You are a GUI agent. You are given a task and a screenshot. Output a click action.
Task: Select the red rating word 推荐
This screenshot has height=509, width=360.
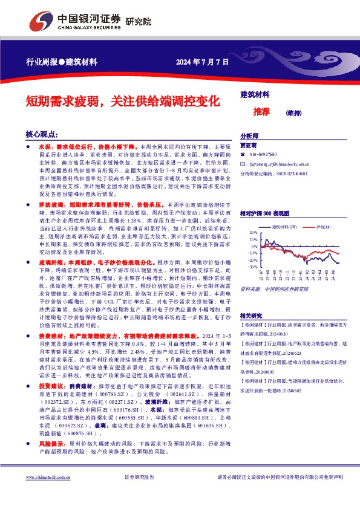pyautogui.click(x=261, y=112)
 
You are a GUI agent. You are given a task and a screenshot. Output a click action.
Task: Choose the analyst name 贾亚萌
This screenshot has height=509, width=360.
pyautogui.click(x=249, y=146)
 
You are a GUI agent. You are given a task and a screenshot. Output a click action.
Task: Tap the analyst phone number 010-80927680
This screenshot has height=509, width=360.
pyautogui.click(x=263, y=155)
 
